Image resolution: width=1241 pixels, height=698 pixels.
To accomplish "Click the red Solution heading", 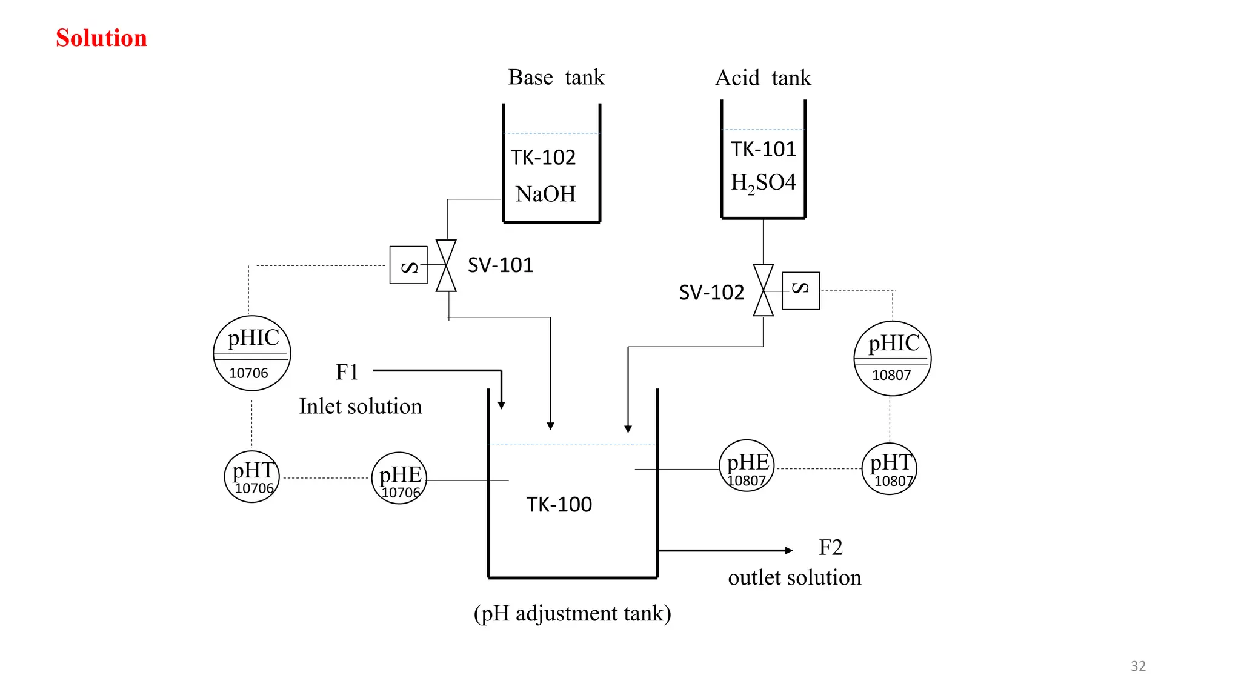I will click(101, 38).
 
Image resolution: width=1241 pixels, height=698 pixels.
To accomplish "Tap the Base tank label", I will click(556, 78).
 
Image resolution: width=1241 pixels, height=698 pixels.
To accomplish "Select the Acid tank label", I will click(763, 78).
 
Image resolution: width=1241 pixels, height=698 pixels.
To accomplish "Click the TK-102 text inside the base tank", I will click(543, 158).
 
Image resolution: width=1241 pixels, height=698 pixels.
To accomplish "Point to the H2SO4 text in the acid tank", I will click(763, 182).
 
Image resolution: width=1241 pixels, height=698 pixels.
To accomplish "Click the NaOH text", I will click(545, 194).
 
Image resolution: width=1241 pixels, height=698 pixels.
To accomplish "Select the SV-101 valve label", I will click(501, 265).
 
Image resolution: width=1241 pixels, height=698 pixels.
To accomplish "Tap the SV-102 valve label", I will click(711, 293).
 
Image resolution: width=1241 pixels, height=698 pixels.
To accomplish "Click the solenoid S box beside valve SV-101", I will click(408, 265).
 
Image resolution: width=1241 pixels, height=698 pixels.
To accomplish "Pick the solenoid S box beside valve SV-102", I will click(800, 291).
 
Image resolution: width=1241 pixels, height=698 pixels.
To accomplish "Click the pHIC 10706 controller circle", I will click(252, 353).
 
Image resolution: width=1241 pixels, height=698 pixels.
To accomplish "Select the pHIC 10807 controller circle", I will click(892, 359).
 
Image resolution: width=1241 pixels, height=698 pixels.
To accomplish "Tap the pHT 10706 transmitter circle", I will click(252, 477).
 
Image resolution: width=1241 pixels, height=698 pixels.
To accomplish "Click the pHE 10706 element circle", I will click(399, 479).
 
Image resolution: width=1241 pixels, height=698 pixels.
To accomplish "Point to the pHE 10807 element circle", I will click(747, 466).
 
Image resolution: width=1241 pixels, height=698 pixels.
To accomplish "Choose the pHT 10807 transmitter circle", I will click(889, 469).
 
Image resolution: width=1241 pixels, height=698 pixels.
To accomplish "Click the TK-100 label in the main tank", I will click(559, 505).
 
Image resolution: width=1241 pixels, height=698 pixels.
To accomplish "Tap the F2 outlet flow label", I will click(830, 548).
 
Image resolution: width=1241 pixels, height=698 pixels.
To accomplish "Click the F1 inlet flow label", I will click(347, 372).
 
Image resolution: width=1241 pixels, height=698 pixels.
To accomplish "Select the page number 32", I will click(1138, 666).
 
